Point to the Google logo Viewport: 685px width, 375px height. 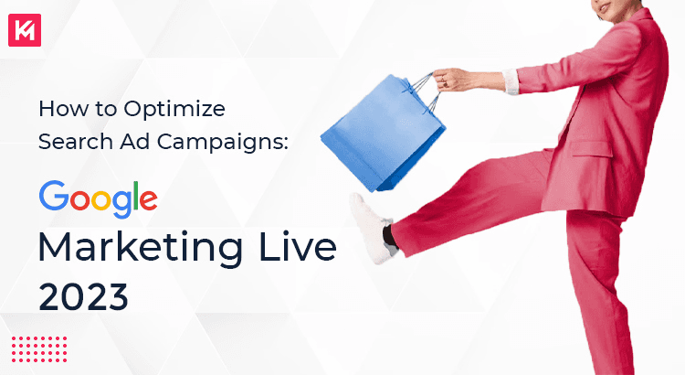tap(98, 198)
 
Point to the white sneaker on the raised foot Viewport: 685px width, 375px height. tap(369, 224)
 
